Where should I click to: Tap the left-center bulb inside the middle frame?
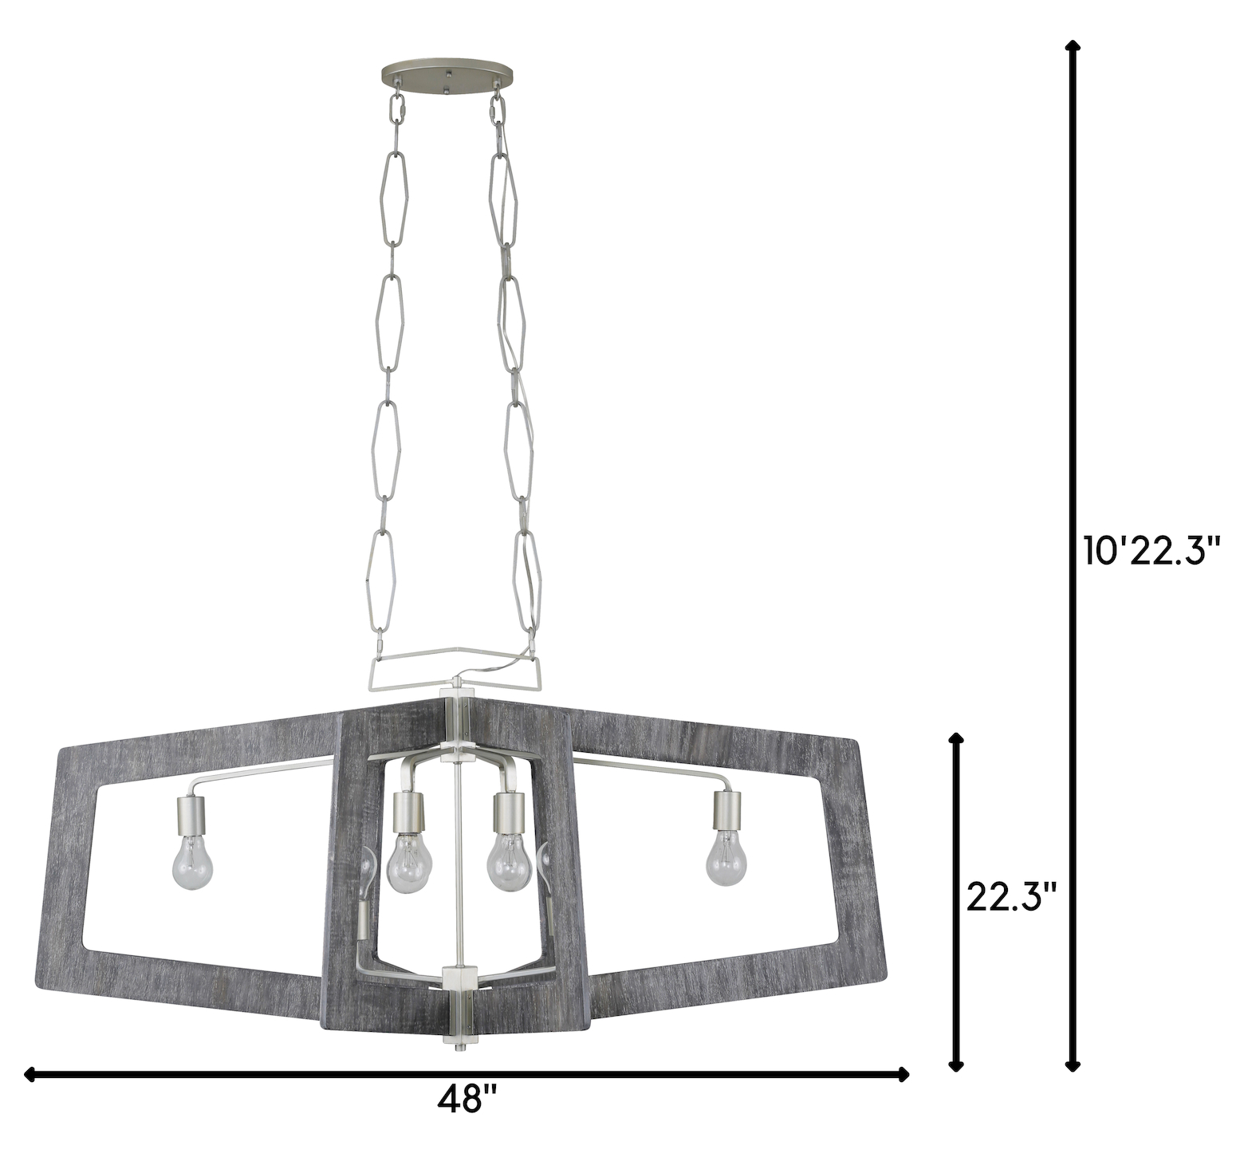click(x=409, y=864)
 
